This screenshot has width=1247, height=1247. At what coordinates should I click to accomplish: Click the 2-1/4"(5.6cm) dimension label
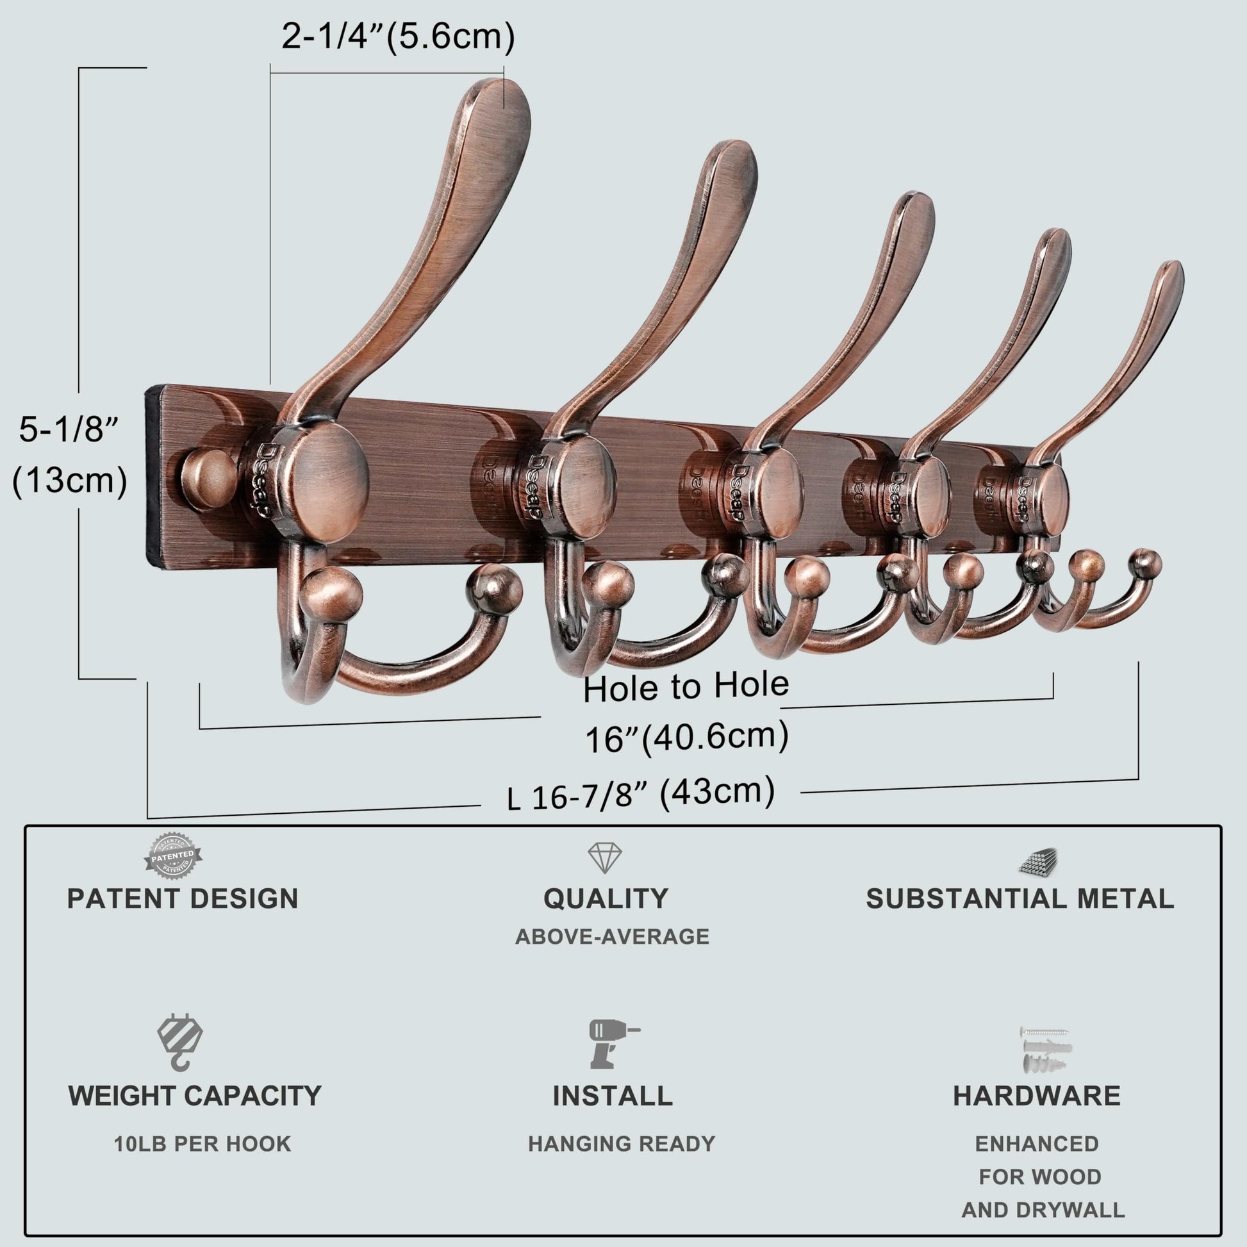coord(397,37)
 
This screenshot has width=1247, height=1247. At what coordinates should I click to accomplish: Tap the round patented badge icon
coord(172,856)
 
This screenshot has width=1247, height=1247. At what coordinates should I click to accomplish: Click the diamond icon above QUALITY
coord(605,858)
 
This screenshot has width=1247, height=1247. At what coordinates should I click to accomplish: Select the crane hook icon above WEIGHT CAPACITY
coord(180,1043)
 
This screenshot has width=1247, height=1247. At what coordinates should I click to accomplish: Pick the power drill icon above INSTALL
coord(613,1044)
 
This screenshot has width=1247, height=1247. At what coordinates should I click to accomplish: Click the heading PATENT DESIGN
coord(183,899)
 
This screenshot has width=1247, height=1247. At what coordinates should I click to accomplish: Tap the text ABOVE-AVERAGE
coord(612,937)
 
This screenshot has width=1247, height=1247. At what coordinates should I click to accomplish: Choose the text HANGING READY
coord(622,1144)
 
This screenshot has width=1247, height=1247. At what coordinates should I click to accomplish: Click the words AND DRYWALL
coord(1043,1210)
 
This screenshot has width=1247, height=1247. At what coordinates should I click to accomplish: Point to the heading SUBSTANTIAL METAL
coord(1020,899)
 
